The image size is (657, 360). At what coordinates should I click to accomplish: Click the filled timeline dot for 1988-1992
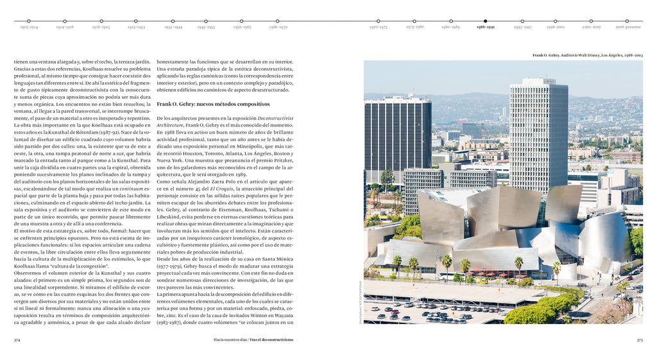coord(485,21)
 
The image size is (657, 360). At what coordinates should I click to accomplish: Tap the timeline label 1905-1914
coord(29,28)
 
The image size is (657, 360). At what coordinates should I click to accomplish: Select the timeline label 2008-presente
coord(628,28)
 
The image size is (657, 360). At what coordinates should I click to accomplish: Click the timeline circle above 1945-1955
coord(207,21)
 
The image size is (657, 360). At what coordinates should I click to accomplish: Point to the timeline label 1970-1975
coord(379,28)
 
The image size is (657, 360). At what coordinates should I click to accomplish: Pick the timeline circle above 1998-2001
coord(556,21)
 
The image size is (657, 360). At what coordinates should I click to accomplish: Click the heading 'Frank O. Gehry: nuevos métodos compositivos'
coord(203,103)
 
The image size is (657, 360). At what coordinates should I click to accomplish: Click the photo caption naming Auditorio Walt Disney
coord(587,56)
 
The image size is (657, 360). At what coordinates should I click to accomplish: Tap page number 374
coord(17,340)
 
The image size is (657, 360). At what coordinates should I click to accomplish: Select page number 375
coord(639,340)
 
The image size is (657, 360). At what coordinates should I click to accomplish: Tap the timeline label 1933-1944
coord(173,28)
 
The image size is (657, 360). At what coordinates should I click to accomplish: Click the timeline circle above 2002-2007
coord(592,21)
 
